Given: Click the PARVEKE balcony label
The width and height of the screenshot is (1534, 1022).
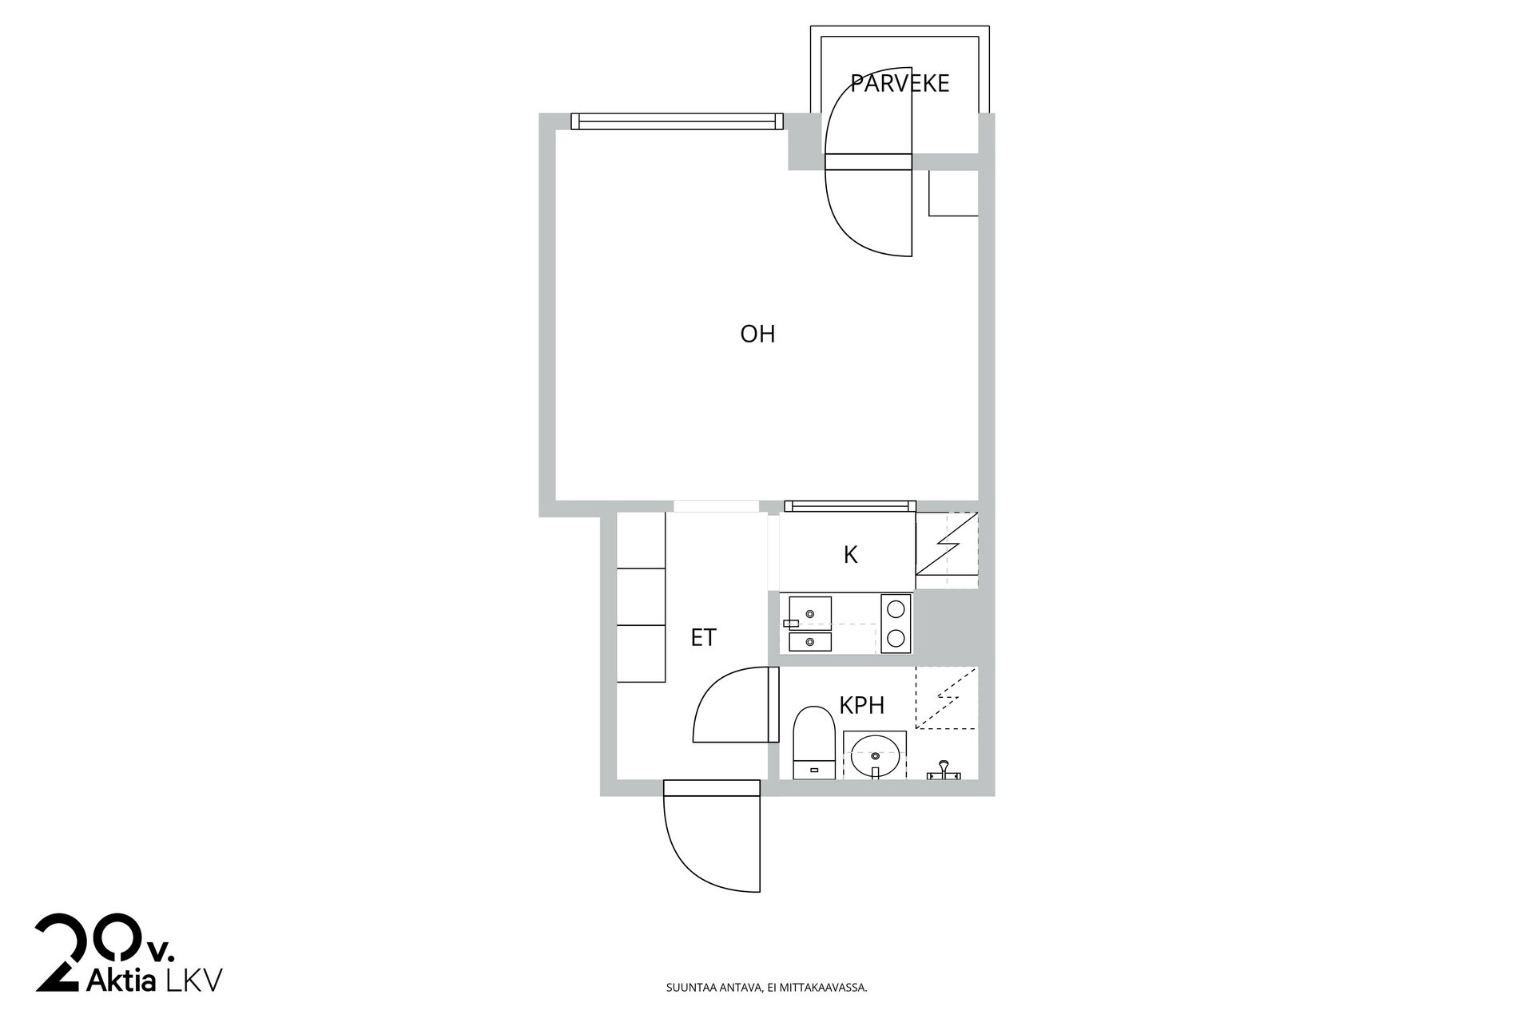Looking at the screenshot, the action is coord(900,83).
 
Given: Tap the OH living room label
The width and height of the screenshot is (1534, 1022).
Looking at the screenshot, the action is coord(757,334).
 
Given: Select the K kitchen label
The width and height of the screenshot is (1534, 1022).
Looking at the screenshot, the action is coord(850,555).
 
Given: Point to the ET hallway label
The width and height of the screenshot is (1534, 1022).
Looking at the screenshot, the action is coord(703,638).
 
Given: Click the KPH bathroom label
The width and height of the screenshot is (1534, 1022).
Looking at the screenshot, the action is coord(861,706).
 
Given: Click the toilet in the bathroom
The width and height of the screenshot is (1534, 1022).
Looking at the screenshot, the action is coord(814,742).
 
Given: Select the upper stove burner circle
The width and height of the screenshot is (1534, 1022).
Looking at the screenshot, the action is coord(896,609).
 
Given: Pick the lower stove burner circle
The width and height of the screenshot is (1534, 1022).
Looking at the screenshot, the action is coord(896,638).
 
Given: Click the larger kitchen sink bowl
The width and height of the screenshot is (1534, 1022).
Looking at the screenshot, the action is coord(810,612).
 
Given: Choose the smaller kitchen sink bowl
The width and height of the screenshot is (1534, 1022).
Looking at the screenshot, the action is coord(810,642).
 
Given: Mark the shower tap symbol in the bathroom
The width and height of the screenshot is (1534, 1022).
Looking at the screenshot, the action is coord(944,770).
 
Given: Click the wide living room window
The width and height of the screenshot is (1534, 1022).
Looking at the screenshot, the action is coord(677,121).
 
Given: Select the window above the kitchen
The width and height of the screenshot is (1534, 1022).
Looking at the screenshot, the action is coord(850,506).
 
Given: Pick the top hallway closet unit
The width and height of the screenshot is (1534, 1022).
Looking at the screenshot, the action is coord(641,540).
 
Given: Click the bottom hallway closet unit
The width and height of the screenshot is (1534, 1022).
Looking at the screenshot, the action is coord(641,654).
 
